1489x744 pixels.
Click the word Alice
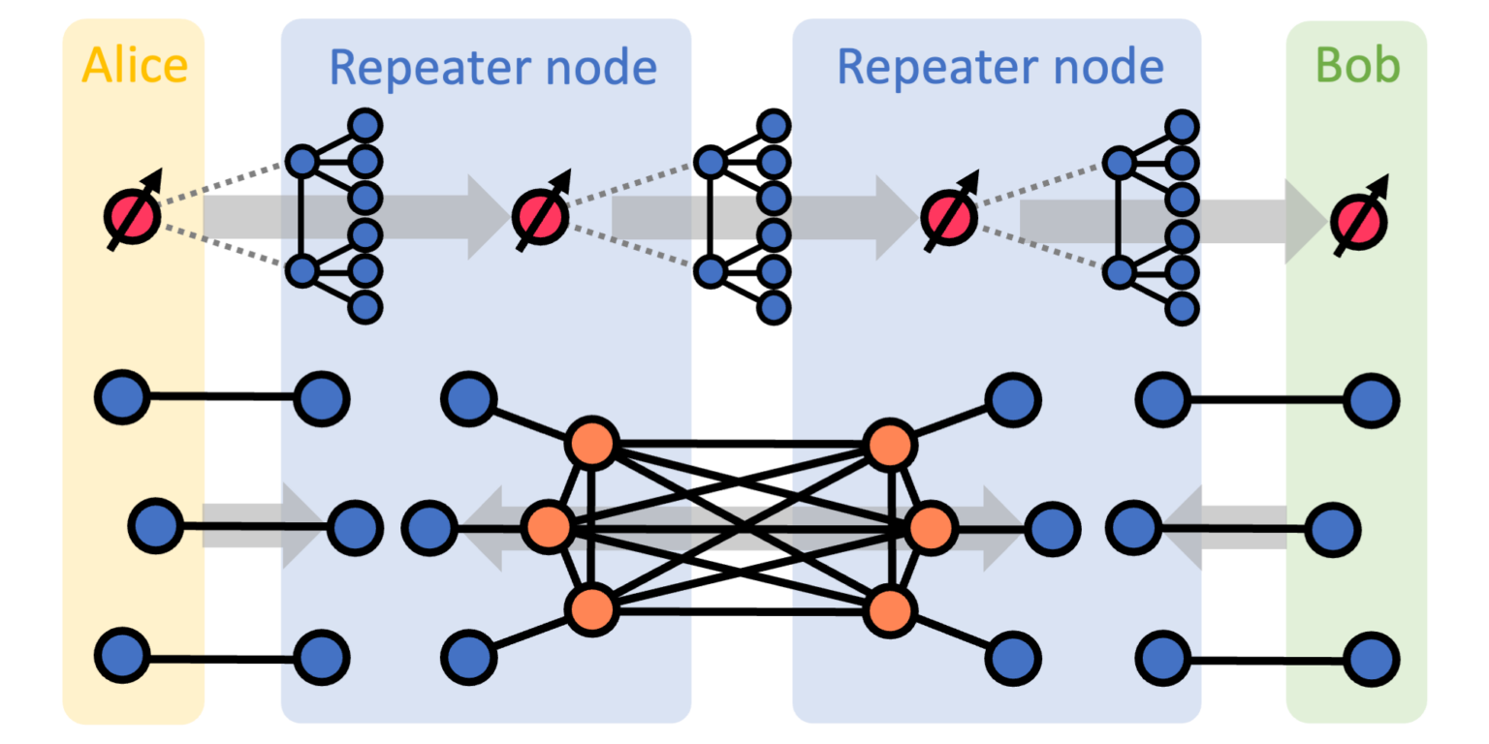134,66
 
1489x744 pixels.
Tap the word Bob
1357,66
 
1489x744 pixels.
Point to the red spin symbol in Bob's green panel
1358,219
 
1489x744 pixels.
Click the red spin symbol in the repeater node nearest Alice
541,215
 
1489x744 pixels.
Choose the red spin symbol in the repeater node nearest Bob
949,215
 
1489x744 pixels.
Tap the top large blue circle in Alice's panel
122,397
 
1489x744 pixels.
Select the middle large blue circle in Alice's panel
155,527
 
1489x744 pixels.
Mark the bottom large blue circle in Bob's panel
1372,658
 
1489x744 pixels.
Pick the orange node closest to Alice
548,527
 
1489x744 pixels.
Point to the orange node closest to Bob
932,527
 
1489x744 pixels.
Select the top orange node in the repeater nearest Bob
889,445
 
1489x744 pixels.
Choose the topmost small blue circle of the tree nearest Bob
1182,127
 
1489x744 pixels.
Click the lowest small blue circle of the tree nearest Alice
365,308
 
